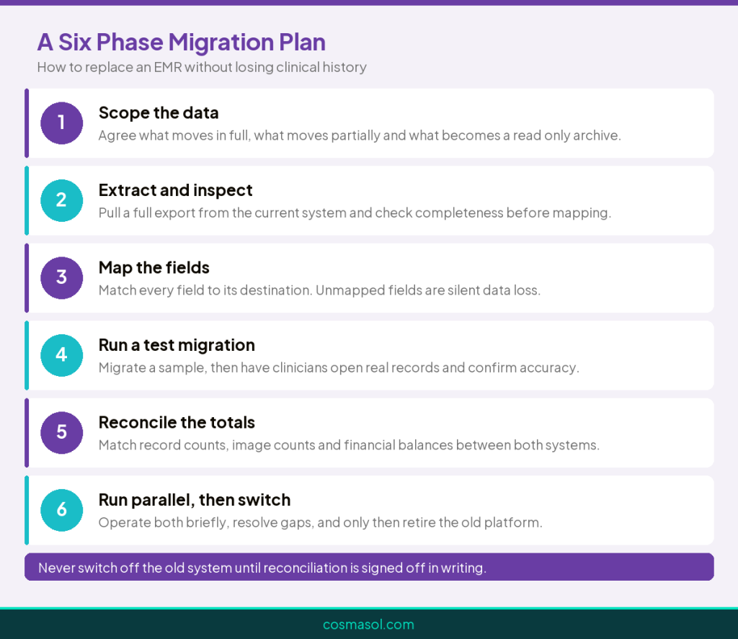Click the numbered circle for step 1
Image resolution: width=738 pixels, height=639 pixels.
pyautogui.click(x=62, y=123)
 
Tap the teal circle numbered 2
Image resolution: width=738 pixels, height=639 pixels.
pyautogui.click(x=62, y=200)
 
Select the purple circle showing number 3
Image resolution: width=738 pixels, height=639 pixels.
pyautogui.click(x=62, y=278)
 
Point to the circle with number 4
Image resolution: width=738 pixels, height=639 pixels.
pyautogui.click(x=62, y=355)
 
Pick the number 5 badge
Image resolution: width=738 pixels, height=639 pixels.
pyautogui.click(x=62, y=433)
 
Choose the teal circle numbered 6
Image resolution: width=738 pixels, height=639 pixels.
pyautogui.click(x=62, y=510)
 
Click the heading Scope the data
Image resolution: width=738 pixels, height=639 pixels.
pyautogui.click(x=159, y=113)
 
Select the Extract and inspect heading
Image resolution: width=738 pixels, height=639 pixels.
pyautogui.click(x=176, y=190)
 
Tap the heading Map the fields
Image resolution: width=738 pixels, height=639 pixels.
pyautogui.click(x=154, y=268)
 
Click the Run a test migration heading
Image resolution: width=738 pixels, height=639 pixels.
pyautogui.click(x=177, y=345)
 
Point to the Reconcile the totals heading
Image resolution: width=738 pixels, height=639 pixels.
pyautogui.click(x=177, y=423)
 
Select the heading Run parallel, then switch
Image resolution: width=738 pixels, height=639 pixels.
pyautogui.click(x=195, y=500)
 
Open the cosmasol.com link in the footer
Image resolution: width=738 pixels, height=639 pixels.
pyautogui.click(x=368, y=625)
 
